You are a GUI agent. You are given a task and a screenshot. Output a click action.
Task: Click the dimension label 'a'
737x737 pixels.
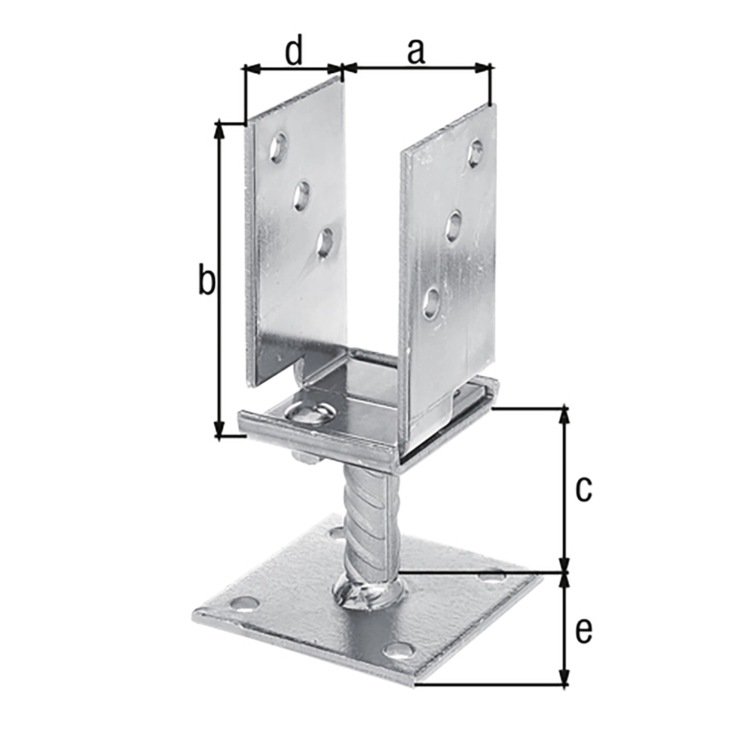416,53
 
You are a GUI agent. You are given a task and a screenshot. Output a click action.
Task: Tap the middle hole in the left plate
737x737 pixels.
301,194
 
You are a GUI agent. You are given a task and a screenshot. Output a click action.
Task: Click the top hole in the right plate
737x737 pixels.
476,152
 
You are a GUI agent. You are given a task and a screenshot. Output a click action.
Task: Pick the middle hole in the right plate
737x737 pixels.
455,225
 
